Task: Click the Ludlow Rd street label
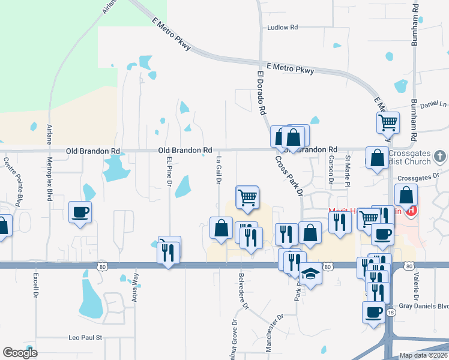[282, 28]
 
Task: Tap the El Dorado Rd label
[261, 94]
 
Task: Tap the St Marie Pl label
[347, 170]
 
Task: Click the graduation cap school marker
[310, 274]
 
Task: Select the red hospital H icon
[411, 210]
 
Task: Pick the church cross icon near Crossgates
[440, 157]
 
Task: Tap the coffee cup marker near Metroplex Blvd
[80, 212]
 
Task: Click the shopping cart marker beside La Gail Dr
[247, 196]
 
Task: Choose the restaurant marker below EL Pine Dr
[169, 251]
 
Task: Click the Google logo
[20, 353]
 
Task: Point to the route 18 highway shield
[391, 313]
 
